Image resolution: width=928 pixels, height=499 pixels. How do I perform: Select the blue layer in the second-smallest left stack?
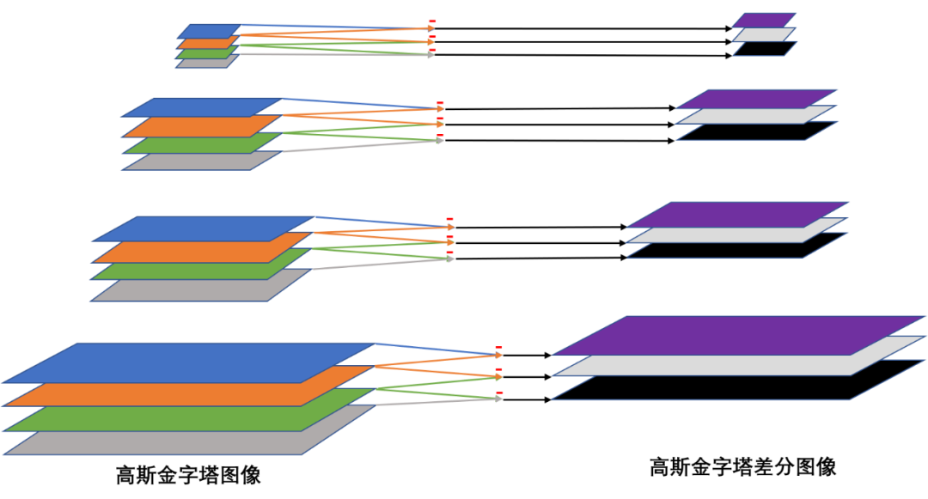tap(202, 106)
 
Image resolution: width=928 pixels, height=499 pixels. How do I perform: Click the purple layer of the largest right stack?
tap(739, 335)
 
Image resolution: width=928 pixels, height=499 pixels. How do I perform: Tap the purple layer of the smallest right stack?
tap(764, 19)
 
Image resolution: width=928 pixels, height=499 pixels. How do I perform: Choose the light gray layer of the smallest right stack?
tap(763, 35)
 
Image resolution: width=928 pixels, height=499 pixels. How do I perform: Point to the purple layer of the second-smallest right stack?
tap(757, 99)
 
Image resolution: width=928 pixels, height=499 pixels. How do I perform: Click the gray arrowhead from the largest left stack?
tap(498, 399)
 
